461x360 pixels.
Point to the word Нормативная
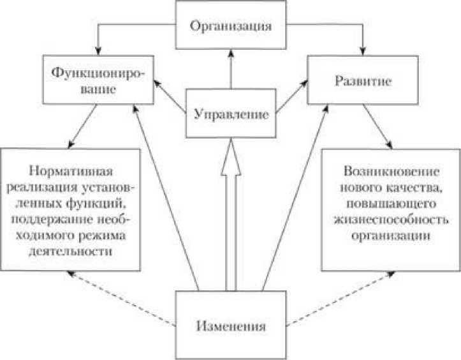71,171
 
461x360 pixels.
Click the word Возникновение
391,171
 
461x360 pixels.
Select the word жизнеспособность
391,218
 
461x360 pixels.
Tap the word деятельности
71,251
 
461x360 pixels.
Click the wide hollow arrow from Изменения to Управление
231,223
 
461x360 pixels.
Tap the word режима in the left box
104,235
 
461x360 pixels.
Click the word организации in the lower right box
391,234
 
